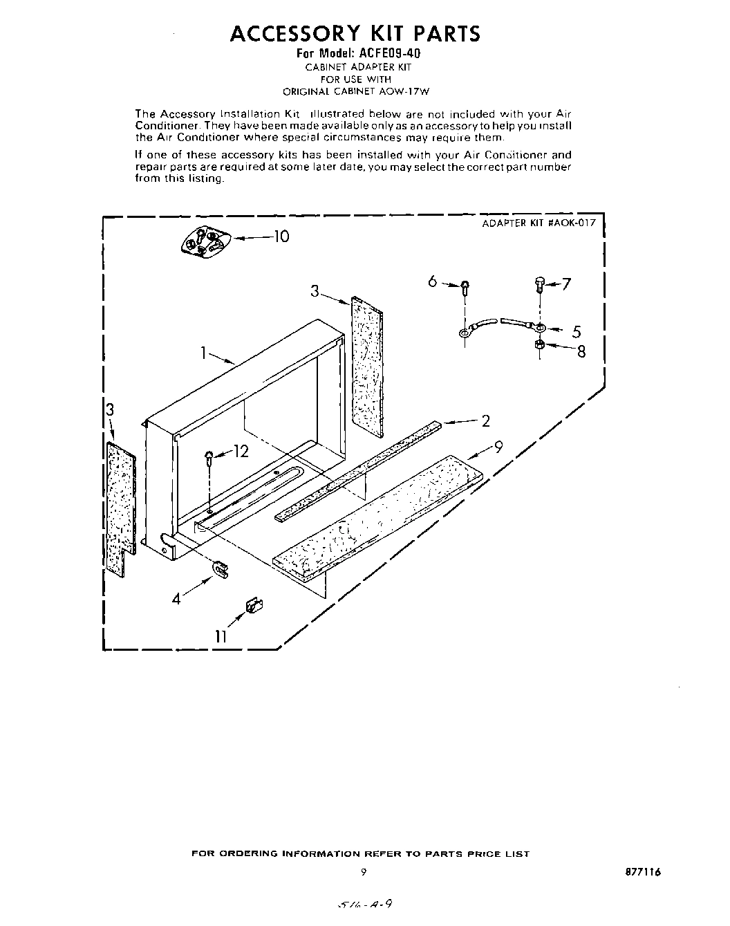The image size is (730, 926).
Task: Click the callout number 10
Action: click(x=281, y=237)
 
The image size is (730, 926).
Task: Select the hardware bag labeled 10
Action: click(x=203, y=241)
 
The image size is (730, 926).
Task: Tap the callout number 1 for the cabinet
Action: click(x=205, y=353)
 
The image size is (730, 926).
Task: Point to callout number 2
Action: click(x=485, y=420)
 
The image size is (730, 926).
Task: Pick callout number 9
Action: click(x=498, y=447)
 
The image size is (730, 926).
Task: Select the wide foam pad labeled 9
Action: click(x=380, y=515)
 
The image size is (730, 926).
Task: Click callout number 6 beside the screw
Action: click(x=433, y=281)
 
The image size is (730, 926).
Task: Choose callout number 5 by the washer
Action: click(x=576, y=331)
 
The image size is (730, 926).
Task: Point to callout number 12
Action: click(x=240, y=452)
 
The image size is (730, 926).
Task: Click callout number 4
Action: click(x=177, y=599)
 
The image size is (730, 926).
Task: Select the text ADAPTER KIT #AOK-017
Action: click(x=538, y=223)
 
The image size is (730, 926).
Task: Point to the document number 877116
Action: click(x=643, y=872)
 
